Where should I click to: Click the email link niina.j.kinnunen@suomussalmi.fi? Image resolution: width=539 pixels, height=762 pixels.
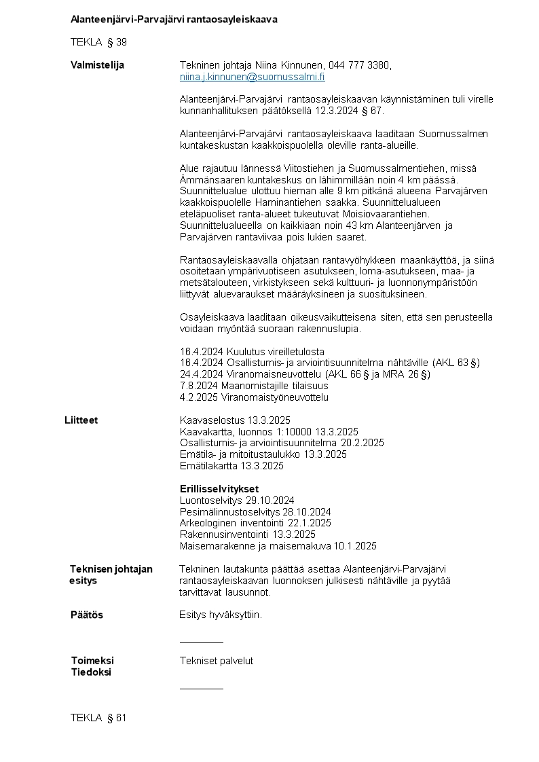point(252,77)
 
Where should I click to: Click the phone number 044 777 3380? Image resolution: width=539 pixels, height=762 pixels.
point(359,65)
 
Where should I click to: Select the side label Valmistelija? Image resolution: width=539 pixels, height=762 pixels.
point(97,65)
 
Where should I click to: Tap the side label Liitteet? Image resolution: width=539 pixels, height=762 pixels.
point(81,420)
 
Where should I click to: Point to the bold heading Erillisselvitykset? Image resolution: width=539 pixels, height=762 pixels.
point(219,489)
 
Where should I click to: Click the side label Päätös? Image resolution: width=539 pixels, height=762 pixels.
point(87,615)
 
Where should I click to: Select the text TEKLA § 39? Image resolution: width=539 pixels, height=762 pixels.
point(98,42)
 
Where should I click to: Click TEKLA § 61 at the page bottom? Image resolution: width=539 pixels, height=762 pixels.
point(98,718)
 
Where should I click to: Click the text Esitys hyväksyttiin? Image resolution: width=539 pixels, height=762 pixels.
point(220,615)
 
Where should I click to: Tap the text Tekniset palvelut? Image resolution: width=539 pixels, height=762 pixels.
point(216,661)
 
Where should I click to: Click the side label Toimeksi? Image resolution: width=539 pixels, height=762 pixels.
point(92,661)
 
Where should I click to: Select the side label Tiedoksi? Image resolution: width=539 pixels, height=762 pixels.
point(91,672)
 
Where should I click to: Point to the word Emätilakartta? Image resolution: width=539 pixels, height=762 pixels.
point(208,466)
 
